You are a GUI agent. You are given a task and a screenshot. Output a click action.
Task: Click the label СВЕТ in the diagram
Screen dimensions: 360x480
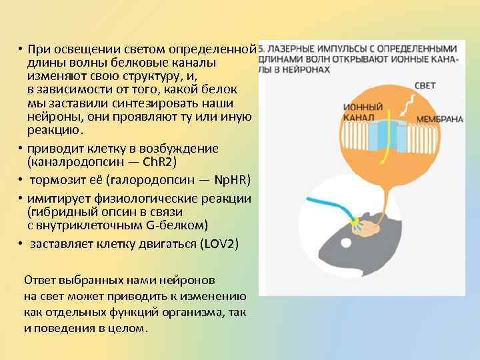pos(425,87)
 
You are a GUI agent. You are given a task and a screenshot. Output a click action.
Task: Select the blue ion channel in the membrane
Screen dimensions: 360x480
pos(383,136)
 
